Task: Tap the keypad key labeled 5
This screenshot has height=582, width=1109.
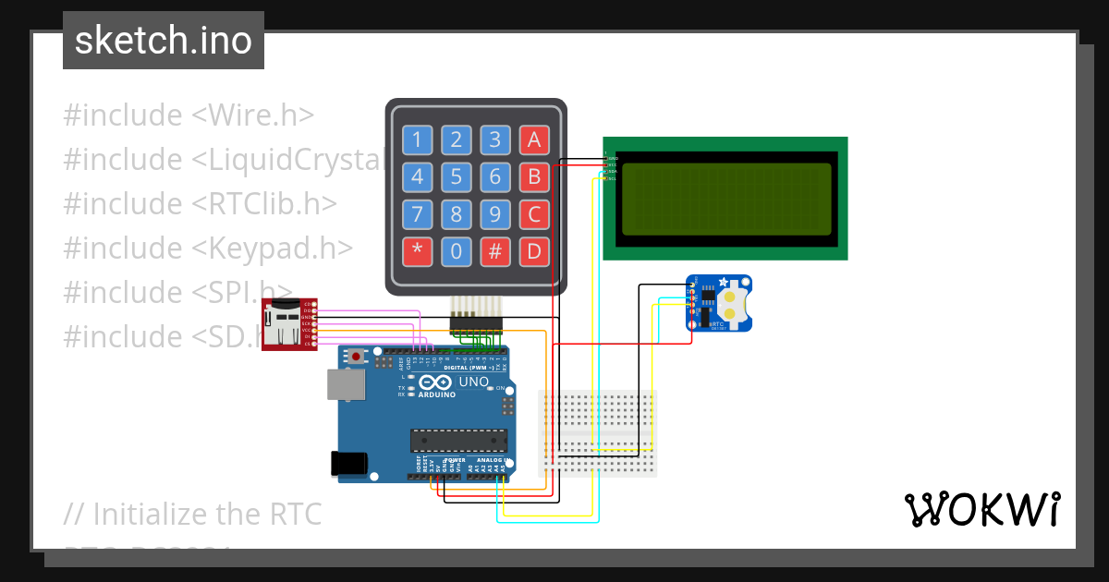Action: (456, 176)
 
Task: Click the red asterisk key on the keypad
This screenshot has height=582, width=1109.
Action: (417, 250)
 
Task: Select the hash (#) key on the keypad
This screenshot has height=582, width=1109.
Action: (494, 250)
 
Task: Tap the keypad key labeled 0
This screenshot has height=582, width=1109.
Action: (456, 250)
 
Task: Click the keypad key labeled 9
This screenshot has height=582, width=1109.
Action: (494, 214)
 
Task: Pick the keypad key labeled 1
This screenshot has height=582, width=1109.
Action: (417, 140)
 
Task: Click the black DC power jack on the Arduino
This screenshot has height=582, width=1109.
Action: (348, 462)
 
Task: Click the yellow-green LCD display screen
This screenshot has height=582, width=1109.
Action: (726, 199)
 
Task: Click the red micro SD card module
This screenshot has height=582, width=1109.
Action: (289, 324)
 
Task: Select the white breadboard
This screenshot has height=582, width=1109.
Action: (598, 433)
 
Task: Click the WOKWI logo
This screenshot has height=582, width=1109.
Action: (981, 509)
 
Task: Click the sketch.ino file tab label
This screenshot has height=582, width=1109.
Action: (164, 41)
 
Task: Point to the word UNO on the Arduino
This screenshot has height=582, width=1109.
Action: (473, 382)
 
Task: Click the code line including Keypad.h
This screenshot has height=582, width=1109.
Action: (208, 248)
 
